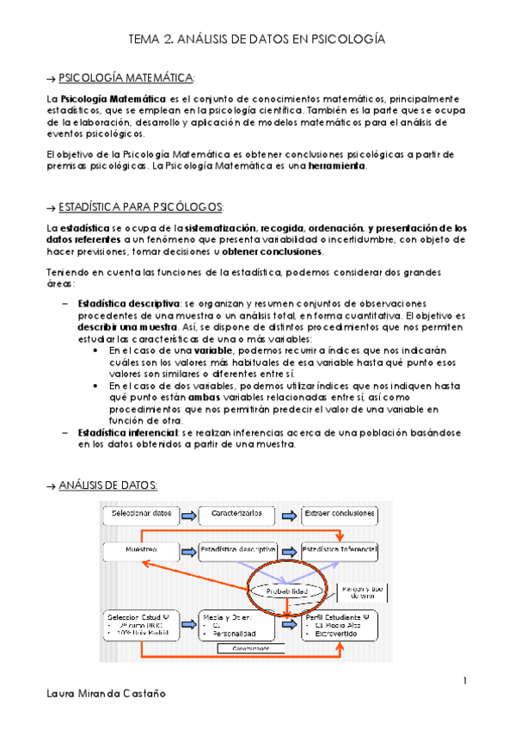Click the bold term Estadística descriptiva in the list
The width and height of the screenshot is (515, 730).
[128, 304]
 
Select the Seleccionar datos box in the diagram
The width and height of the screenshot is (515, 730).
[138, 515]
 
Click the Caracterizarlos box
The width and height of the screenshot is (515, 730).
[242, 515]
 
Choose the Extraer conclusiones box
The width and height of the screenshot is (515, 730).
[340, 515]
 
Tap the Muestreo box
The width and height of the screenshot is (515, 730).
[138, 548]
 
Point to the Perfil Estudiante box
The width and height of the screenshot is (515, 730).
[340, 627]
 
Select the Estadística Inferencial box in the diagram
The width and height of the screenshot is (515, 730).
[340, 548]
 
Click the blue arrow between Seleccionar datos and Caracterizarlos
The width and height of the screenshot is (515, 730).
[188, 515]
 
